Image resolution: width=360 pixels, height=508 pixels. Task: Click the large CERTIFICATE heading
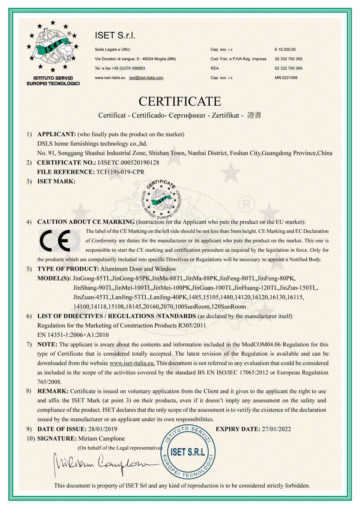[180, 100]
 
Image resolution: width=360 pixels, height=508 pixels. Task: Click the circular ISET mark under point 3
[162, 198]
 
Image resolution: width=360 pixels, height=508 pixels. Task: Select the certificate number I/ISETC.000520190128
[128, 162]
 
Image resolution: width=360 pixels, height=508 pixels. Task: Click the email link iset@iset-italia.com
[146, 77]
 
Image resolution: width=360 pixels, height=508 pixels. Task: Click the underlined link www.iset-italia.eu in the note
[132, 363]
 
